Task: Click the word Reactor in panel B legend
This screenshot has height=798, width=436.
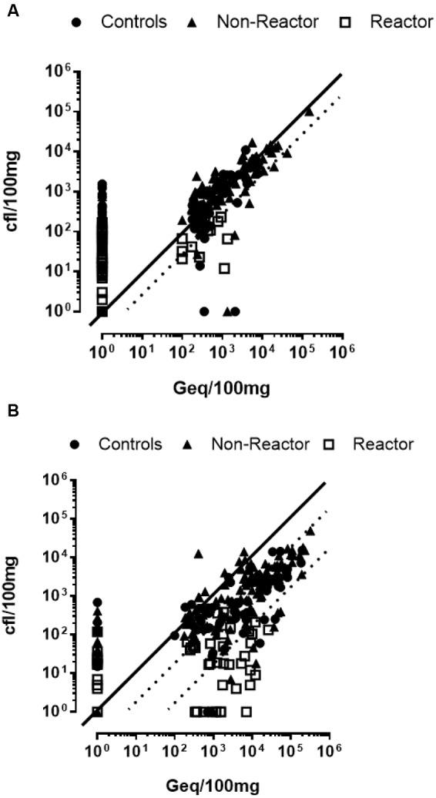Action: [384, 444]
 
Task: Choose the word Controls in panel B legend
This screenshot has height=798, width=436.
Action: [130, 444]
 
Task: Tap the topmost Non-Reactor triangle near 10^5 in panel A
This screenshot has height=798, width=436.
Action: [309, 111]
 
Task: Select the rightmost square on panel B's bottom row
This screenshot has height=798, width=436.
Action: [247, 712]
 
